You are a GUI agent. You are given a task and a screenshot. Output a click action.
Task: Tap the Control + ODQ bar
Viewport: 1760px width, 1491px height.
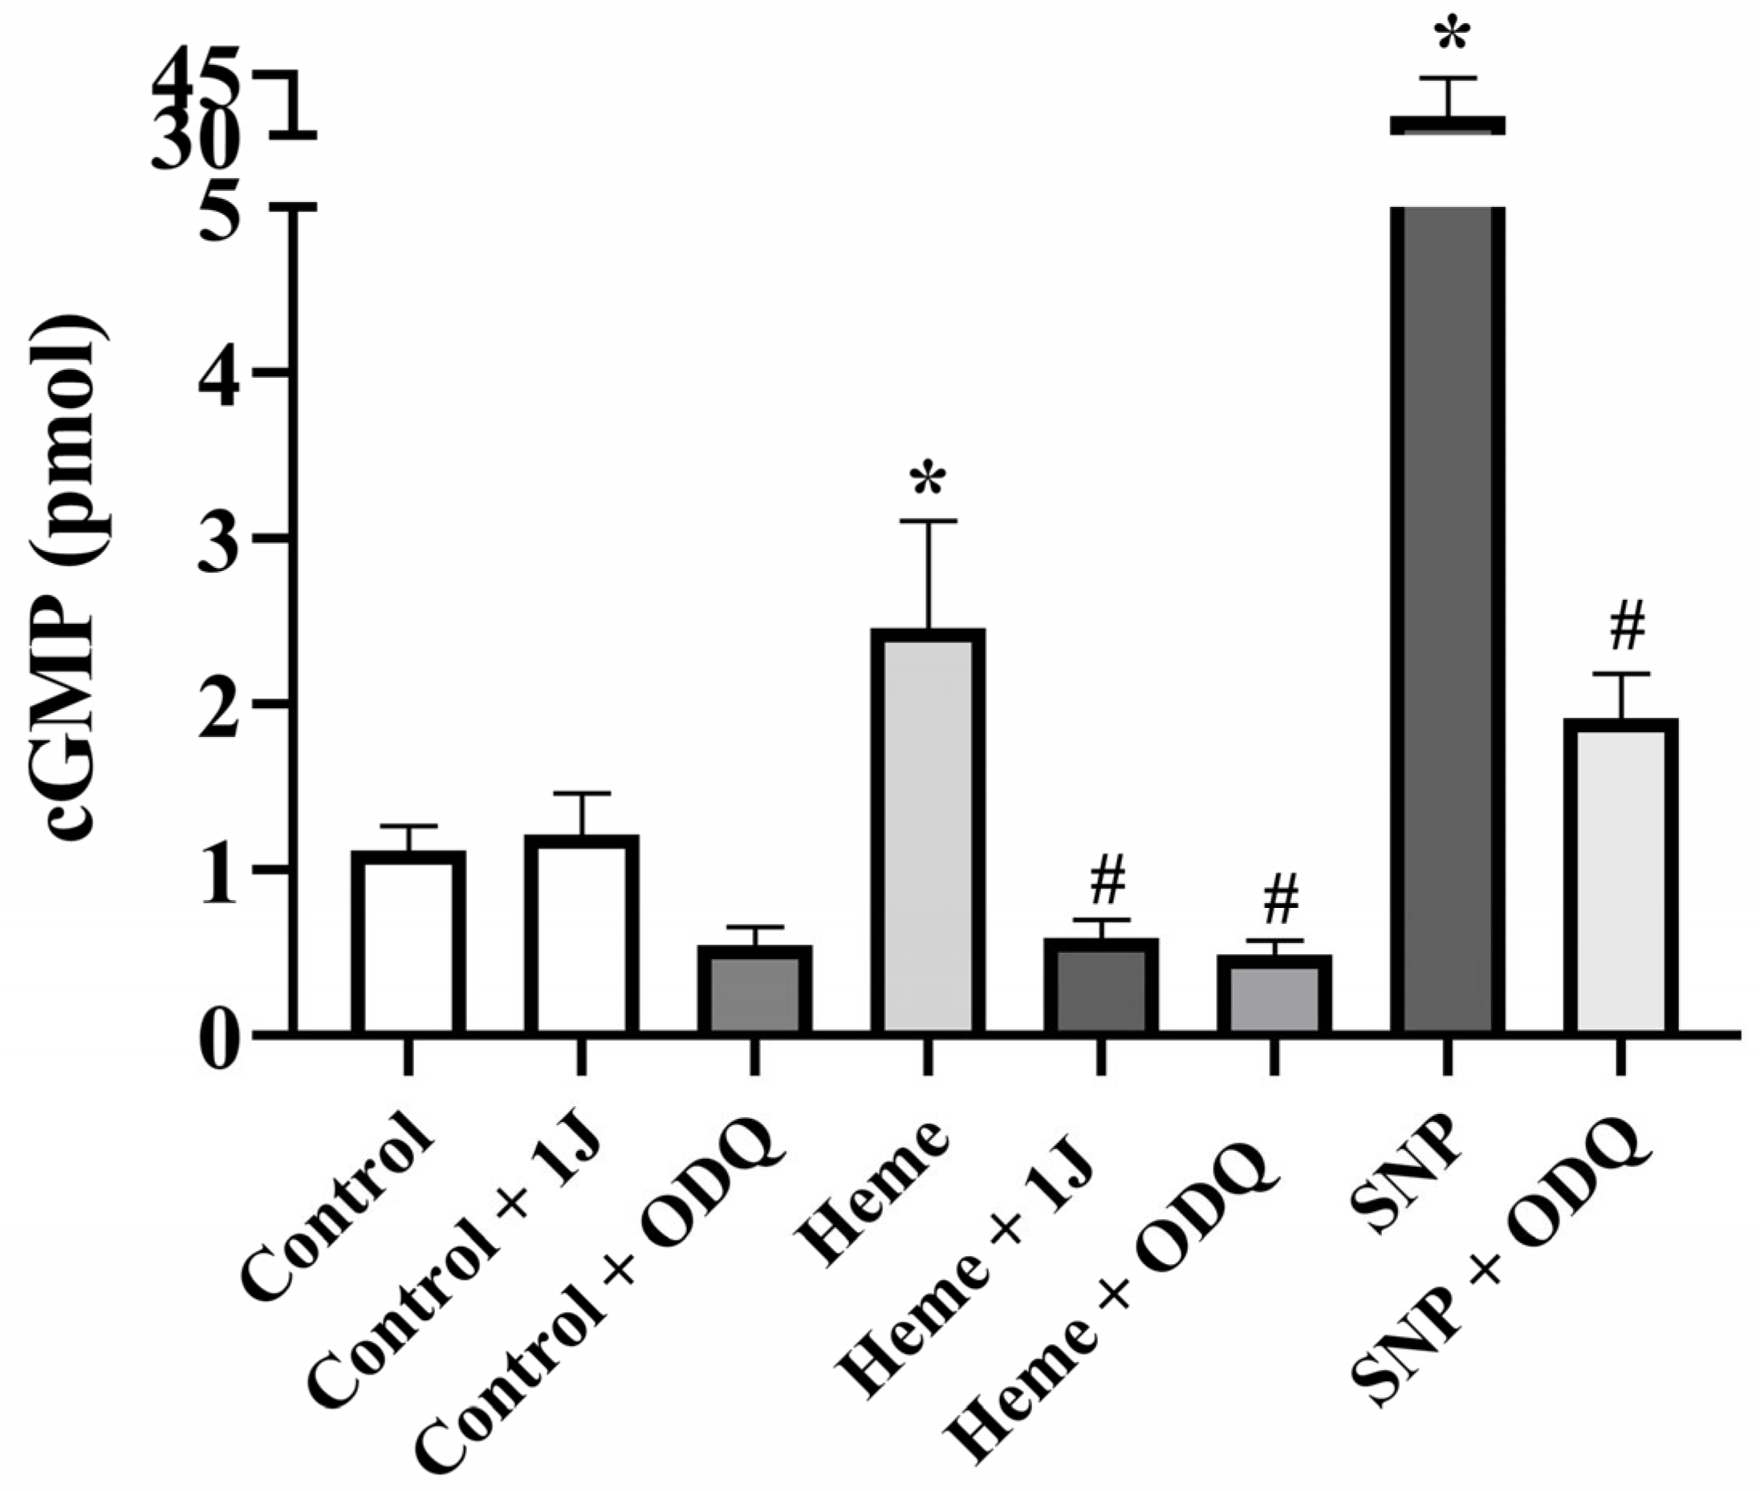pos(754,990)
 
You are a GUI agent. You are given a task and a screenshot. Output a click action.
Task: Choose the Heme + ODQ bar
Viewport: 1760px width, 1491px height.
pos(1274,995)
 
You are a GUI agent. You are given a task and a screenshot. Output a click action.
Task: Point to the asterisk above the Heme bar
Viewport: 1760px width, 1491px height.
pos(928,480)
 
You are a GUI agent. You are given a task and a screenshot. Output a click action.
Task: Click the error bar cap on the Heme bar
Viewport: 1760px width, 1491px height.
pos(928,521)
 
